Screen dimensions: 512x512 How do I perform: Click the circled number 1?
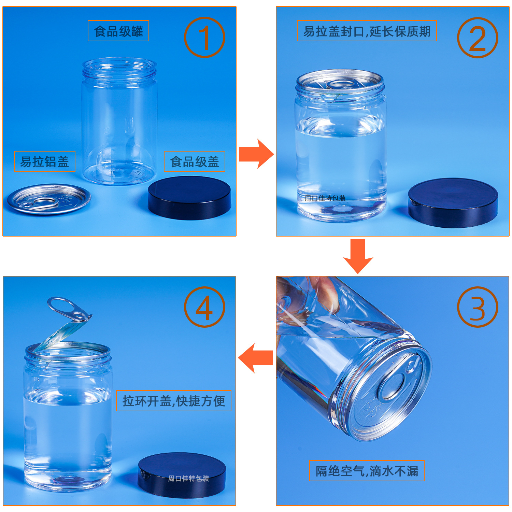coord(204,38)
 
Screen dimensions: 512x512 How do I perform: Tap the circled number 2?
coord(478,38)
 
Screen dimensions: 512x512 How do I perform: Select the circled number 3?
coord(478,307)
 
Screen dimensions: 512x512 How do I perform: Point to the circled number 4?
coord(204,307)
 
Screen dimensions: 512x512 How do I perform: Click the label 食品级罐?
coord(118,31)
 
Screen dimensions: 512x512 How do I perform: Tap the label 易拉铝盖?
coord(45,161)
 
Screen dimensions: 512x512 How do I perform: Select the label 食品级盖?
coord(195,161)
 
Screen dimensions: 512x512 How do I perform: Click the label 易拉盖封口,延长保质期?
coord(367,31)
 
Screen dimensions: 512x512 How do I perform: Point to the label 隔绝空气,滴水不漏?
coord(367,471)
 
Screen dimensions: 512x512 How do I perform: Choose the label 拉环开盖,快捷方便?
coord(173,401)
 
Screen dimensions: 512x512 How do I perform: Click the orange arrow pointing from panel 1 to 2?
coord(256,154)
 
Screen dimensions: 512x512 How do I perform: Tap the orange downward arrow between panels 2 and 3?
coord(358,256)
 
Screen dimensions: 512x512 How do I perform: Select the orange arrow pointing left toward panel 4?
coord(255,358)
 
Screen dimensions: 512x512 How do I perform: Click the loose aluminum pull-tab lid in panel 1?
coord(49,199)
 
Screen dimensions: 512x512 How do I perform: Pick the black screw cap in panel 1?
coord(189,198)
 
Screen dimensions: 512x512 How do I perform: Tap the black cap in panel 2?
coord(453,202)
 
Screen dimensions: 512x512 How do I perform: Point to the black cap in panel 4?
coord(182,475)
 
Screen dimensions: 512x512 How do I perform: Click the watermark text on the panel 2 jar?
coord(325,198)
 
